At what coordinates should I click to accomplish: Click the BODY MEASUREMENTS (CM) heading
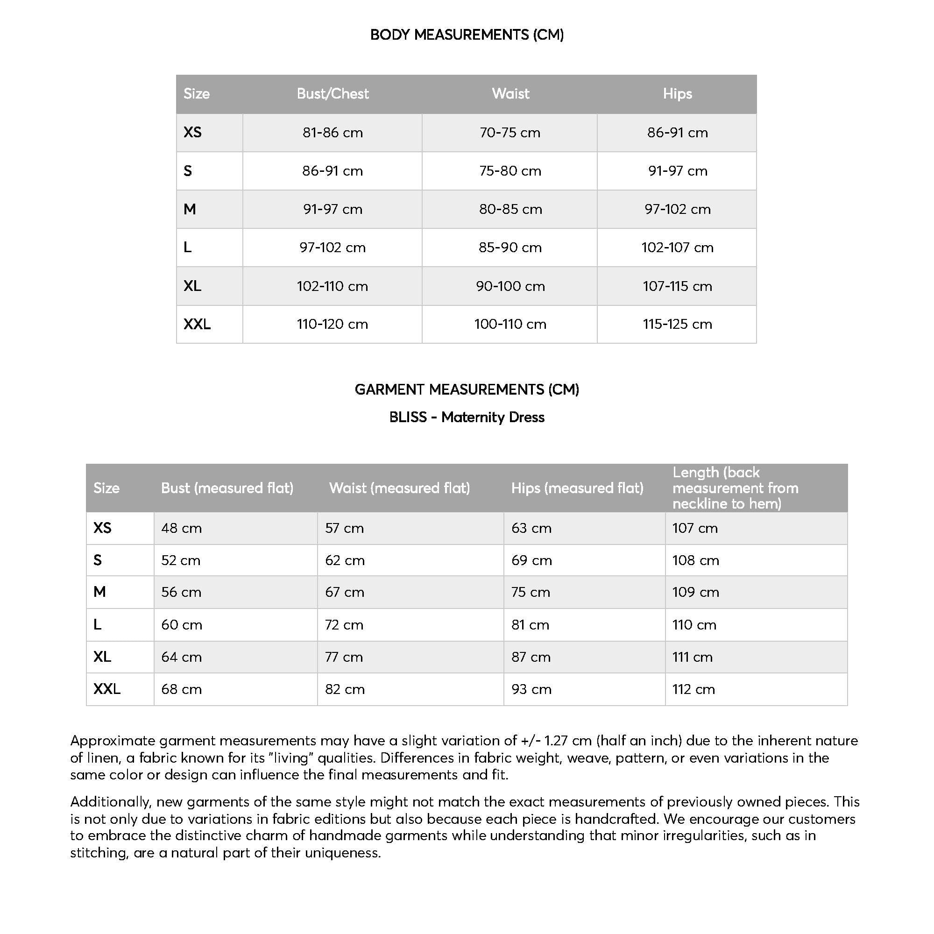467,35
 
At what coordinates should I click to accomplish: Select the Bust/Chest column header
333,94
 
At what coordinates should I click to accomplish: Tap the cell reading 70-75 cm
510,133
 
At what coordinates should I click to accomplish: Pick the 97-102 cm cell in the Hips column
677,209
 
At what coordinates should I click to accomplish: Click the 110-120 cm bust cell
333,324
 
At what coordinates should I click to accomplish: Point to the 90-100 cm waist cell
510,286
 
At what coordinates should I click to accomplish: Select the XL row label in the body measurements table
192,286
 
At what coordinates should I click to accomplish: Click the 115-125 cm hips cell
677,324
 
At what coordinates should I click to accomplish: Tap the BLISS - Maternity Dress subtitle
467,417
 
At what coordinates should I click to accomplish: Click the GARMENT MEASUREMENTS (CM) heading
467,389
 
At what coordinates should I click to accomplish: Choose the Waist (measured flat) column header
399,488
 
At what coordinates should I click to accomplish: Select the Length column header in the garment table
735,488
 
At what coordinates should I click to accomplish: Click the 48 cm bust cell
181,528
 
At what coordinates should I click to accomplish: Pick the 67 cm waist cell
344,592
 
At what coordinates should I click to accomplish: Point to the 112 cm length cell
693,689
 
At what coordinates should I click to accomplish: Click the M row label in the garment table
99,592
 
